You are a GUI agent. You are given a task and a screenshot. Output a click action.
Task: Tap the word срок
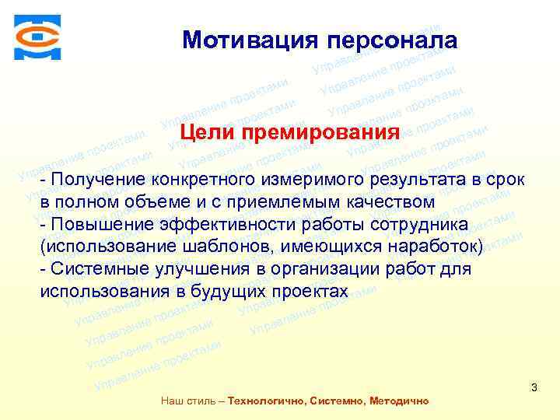click(507, 180)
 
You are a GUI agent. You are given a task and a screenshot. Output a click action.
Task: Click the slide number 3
click(534, 387)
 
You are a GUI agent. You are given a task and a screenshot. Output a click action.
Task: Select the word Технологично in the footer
click(265, 401)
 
